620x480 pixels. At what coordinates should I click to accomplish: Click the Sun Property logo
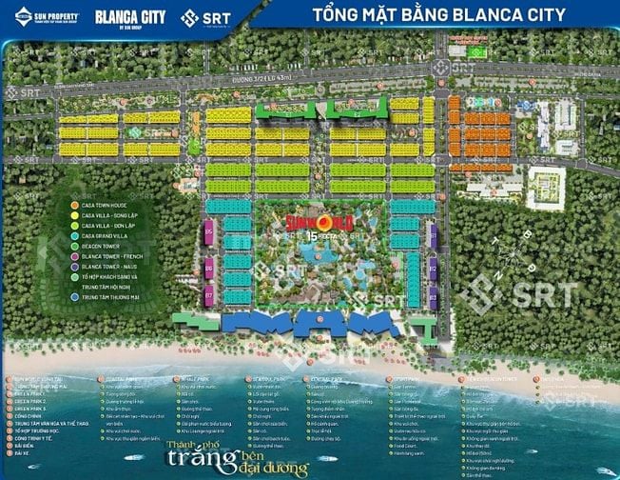(x=44, y=16)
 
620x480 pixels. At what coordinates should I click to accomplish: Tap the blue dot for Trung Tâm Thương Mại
(x=74, y=298)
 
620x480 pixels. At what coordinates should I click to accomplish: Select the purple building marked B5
(x=208, y=230)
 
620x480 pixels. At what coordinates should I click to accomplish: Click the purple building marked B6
(x=208, y=269)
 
